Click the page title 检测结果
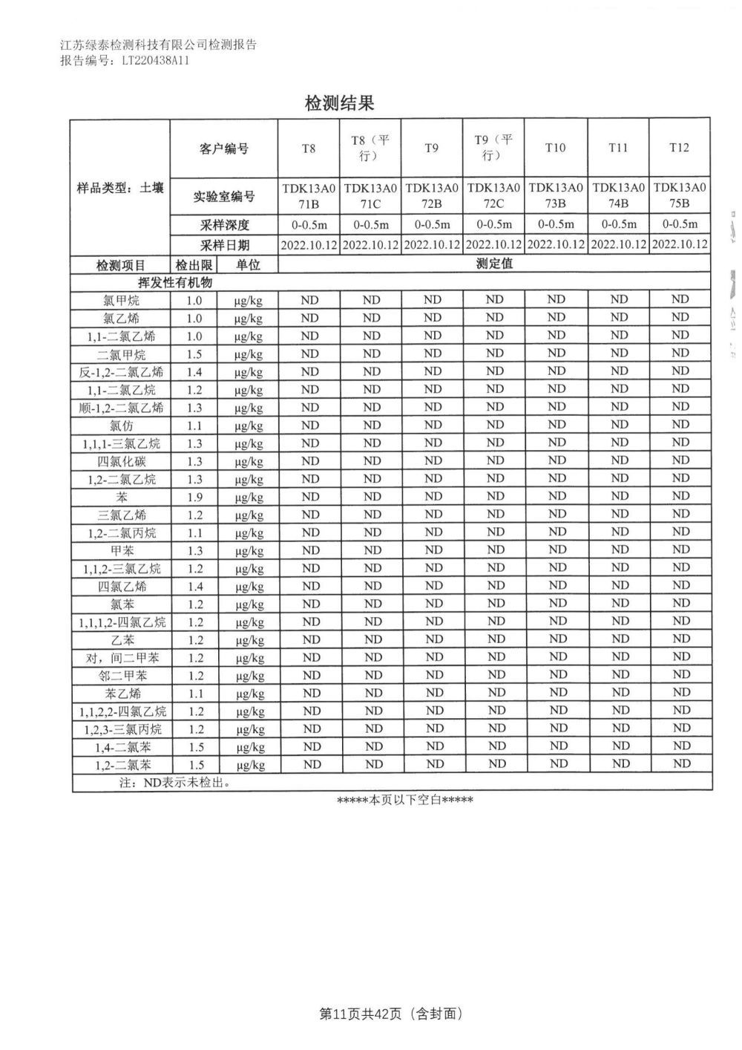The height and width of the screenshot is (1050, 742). pos(339,103)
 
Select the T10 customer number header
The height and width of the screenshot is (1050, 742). pos(555,148)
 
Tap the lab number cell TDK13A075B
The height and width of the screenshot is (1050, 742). pos(679,195)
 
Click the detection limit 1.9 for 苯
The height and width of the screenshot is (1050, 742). pos(194,498)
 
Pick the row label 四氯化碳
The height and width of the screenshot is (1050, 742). pos(122,462)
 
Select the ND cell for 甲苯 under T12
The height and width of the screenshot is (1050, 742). pos(680,550)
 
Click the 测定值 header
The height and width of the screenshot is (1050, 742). pos(494,264)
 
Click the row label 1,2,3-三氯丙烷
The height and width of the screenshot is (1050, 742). pos(122,729)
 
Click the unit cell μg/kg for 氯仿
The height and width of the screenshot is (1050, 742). pos(249,426)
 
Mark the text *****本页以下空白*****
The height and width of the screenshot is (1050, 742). pos(404,800)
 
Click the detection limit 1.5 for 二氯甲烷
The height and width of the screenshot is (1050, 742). pos(194,354)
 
